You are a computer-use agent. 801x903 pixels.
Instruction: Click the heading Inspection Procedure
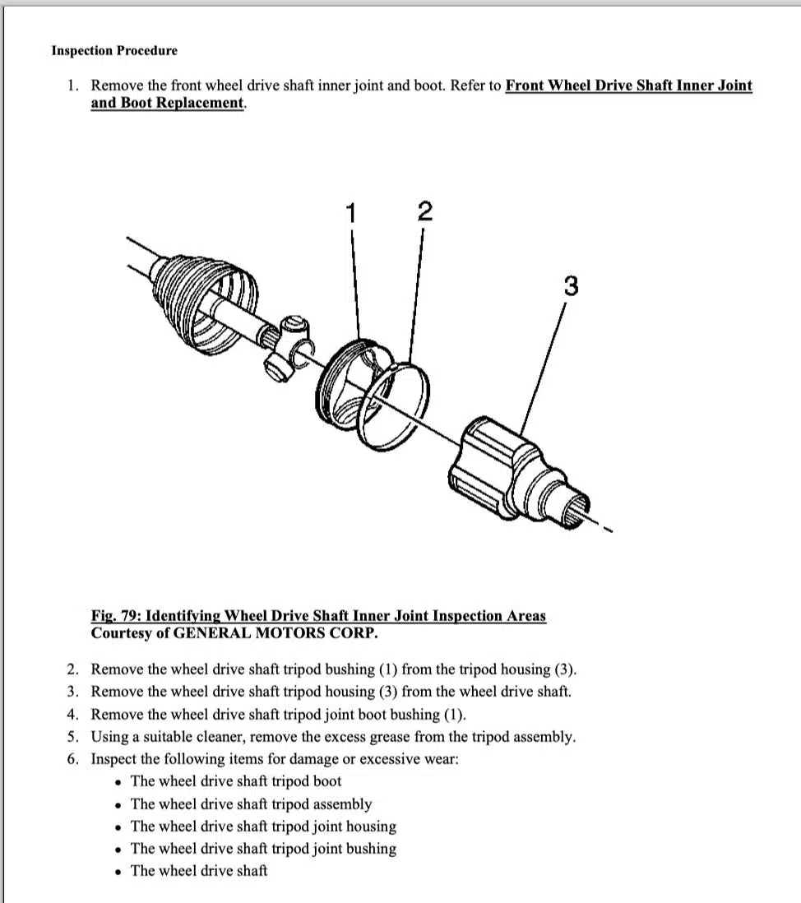(x=114, y=51)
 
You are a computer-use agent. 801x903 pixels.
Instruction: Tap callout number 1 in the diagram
(x=352, y=213)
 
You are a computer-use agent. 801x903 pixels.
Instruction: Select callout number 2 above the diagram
(x=424, y=211)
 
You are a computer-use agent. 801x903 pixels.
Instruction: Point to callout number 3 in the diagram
(x=570, y=286)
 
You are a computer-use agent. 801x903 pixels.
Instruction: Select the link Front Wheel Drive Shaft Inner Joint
(x=628, y=85)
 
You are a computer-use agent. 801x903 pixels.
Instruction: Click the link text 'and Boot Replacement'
(x=168, y=103)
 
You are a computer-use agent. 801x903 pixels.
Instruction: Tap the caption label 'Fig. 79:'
(x=115, y=616)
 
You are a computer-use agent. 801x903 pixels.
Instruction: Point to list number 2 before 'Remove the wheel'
(x=73, y=669)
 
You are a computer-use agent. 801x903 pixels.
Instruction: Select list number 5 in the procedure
(x=73, y=737)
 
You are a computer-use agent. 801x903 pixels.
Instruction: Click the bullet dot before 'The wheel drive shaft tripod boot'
(x=120, y=782)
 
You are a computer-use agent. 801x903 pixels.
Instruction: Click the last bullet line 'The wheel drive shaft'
(x=199, y=871)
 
